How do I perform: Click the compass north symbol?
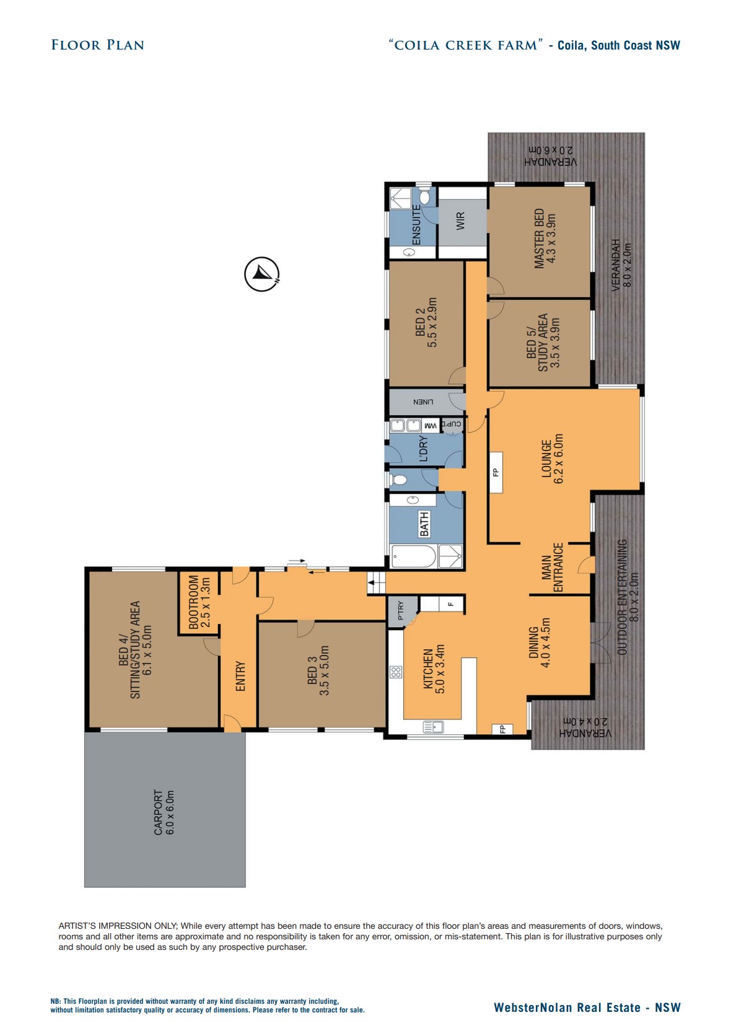[261, 273]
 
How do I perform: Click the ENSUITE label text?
[417, 225]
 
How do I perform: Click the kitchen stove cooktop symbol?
[396, 672]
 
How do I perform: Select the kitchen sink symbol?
[433, 726]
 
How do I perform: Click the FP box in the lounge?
[496, 472]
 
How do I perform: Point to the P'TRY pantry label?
[401, 610]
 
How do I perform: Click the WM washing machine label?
[430, 426]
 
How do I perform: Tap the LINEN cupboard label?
[424, 402]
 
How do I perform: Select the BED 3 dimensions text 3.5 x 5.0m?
[324, 670]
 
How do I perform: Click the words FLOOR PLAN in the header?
[97, 45]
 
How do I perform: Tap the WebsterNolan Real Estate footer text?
[587, 1007]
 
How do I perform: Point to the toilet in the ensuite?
[425, 197]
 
